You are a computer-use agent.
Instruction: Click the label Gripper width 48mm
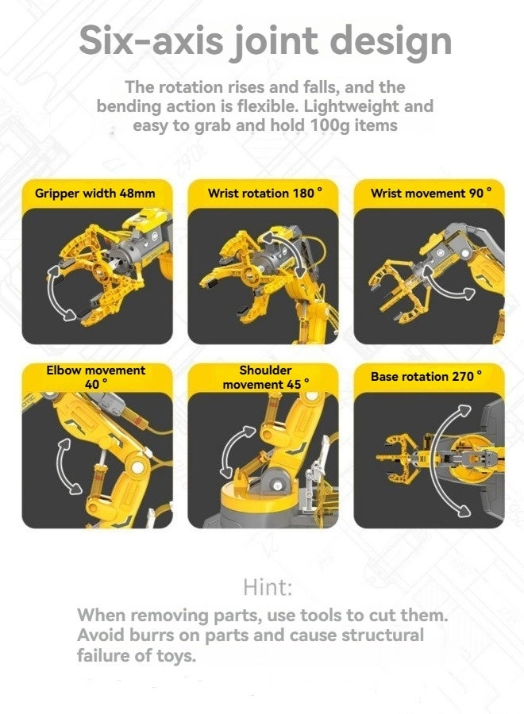(x=94, y=193)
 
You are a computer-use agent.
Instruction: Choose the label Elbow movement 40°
(x=96, y=377)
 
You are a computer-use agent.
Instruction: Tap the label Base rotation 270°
(x=426, y=376)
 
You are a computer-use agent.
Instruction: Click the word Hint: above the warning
(x=268, y=588)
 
